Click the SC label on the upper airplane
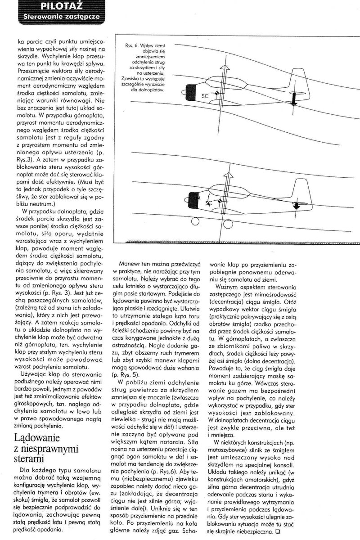click(x=205, y=96)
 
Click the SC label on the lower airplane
click(x=208, y=204)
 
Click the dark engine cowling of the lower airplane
click(x=193, y=198)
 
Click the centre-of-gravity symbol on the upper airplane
click(x=217, y=94)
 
